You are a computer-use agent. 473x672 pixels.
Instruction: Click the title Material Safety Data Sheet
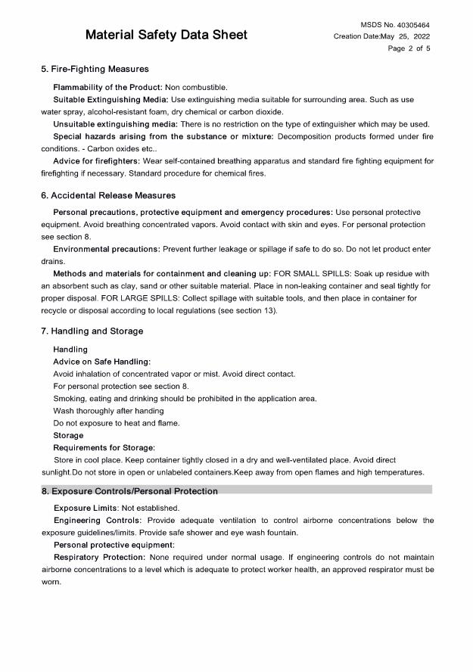(x=166, y=35)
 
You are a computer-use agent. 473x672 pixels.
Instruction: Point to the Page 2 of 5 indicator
(x=409, y=48)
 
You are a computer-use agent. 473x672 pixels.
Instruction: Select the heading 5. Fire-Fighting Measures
(x=95, y=70)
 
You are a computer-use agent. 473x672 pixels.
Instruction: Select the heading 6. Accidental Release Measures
(x=108, y=195)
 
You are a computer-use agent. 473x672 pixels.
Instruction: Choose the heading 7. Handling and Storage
(x=92, y=331)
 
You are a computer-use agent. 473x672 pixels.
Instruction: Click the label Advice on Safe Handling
(x=101, y=362)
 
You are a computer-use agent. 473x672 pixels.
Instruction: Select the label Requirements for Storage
(x=104, y=448)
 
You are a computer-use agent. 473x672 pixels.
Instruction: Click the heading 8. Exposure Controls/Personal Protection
(x=129, y=491)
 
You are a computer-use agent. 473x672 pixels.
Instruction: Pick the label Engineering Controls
(x=97, y=521)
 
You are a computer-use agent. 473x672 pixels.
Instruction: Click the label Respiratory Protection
(x=101, y=557)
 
